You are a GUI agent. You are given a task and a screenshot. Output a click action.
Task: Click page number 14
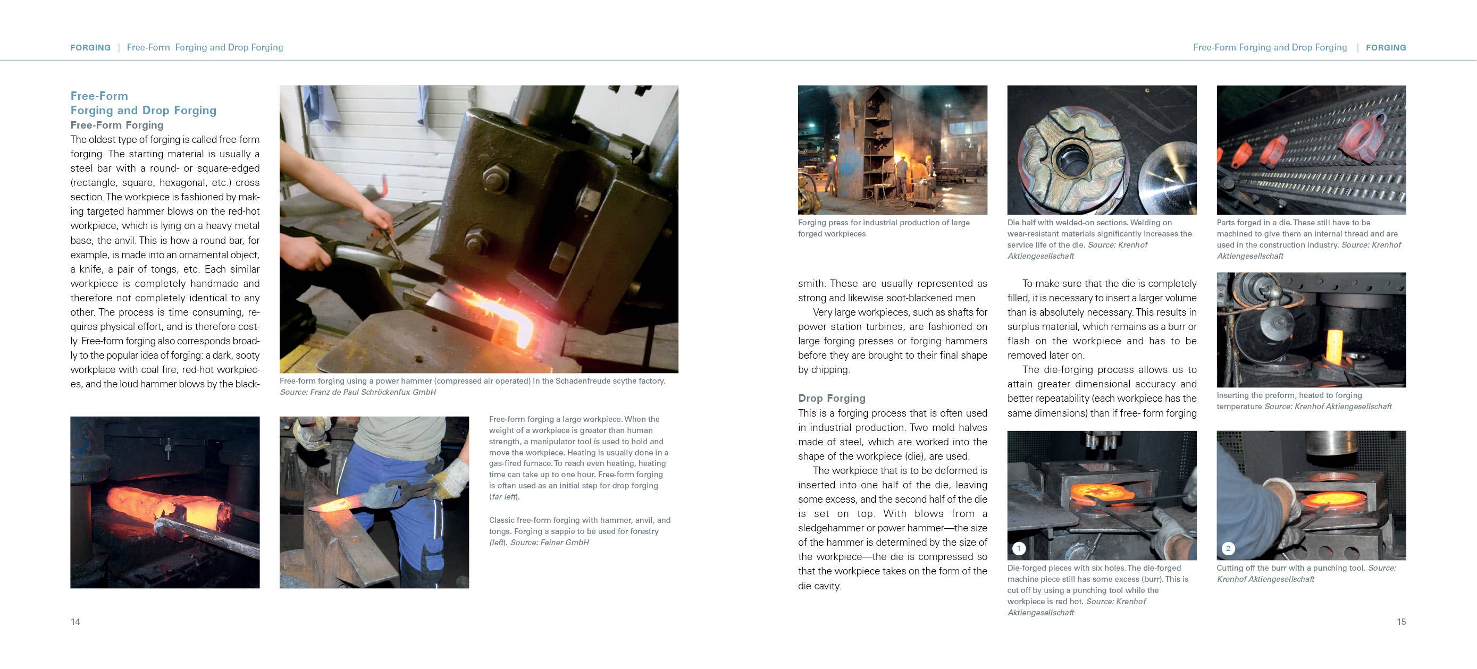pos(75,621)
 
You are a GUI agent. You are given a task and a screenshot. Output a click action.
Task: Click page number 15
pos(1401,621)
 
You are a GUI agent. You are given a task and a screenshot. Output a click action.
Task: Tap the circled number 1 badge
pos(1018,548)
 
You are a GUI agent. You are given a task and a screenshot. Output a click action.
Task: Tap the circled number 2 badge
pos(1228,548)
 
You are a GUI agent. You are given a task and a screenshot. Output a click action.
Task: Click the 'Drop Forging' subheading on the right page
pos(832,398)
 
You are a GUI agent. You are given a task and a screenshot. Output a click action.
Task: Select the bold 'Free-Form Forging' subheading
pos(117,125)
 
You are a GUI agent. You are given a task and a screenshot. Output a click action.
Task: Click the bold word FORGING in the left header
pos(90,48)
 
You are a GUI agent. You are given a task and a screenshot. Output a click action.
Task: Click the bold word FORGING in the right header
pos(1386,48)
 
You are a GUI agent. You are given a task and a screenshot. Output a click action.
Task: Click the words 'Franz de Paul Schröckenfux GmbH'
pos(373,392)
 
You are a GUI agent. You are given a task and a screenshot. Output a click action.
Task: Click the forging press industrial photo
pos(892,150)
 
